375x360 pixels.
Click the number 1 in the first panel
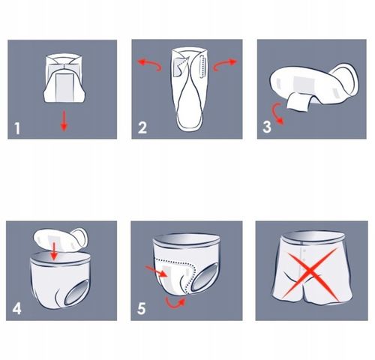[x=17, y=128]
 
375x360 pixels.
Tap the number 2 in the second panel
[x=142, y=127]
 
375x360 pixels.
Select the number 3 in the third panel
[x=267, y=127]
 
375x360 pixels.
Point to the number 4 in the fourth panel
[x=16, y=308]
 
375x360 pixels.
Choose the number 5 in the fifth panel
[x=141, y=308]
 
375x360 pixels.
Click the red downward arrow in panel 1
[x=64, y=121]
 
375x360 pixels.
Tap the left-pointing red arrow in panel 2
[x=149, y=64]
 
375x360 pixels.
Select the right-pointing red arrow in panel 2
[x=224, y=64]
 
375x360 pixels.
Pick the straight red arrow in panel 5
[x=156, y=271]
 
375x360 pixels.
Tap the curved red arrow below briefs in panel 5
[x=175, y=304]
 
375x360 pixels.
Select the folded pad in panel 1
[x=64, y=78]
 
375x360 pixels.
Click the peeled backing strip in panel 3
[x=298, y=102]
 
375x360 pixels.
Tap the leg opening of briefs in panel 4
[x=77, y=292]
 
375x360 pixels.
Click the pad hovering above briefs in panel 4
[x=60, y=240]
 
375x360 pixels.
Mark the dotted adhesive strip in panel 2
[x=202, y=66]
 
